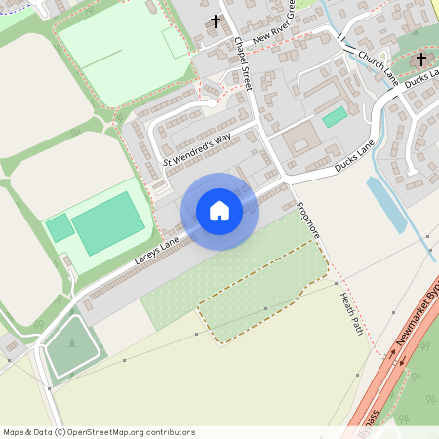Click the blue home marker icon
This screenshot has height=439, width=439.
pyautogui.click(x=219, y=211)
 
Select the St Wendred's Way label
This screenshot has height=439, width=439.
pyautogui.click(x=197, y=148)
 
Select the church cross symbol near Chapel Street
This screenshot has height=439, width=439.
pyautogui.click(x=216, y=20)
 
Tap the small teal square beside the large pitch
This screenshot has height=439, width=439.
pyautogui.click(x=59, y=227)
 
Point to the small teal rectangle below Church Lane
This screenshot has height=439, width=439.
pyautogui.click(x=335, y=117)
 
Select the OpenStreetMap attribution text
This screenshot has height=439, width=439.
pyautogui.click(x=98, y=431)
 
